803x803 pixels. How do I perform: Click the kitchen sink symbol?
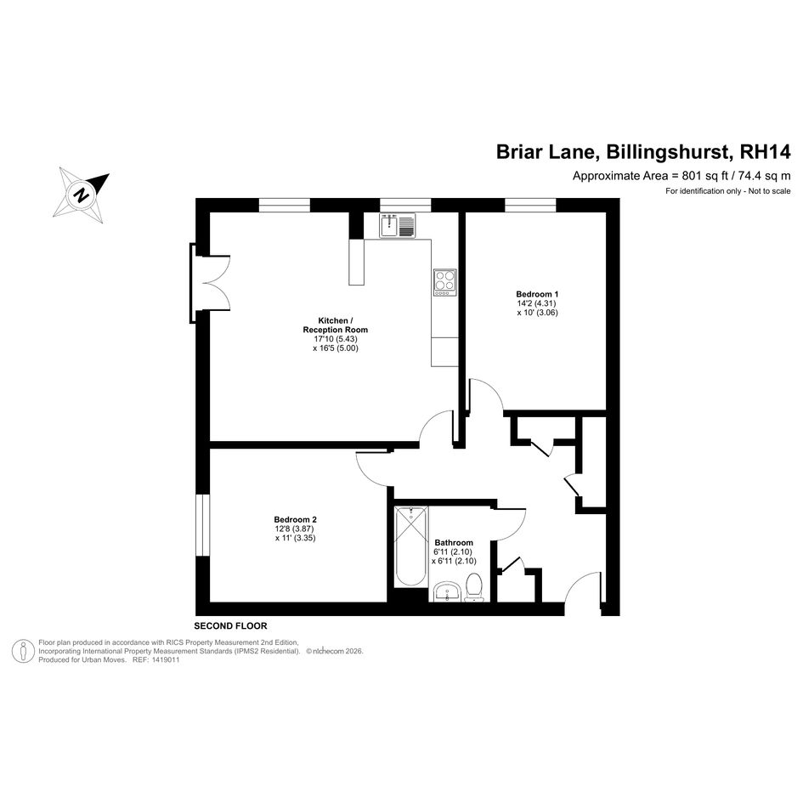point(398,226)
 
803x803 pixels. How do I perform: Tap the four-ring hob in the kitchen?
point(444,282)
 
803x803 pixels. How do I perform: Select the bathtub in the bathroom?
point(411,546)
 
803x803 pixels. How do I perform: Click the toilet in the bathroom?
point(473,588)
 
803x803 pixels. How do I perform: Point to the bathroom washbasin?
point(447,592)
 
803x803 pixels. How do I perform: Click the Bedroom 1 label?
point(537,294)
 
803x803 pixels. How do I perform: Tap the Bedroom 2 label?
point(295,519)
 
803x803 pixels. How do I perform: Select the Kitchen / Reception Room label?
point(336,325)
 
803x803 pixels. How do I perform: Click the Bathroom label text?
point(454,542)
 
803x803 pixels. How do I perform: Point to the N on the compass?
point(81,195)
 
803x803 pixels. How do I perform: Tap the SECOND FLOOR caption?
point(230,625)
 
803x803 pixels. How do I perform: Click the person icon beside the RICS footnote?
point(23,652)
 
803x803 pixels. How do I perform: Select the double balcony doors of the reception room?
point(210,283)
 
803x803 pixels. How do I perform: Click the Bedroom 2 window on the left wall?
point(203,525)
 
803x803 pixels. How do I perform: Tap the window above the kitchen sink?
point(405,205)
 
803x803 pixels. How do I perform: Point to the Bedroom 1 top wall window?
point(530,205)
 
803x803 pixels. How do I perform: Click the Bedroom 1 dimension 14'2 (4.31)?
point(537,303)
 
